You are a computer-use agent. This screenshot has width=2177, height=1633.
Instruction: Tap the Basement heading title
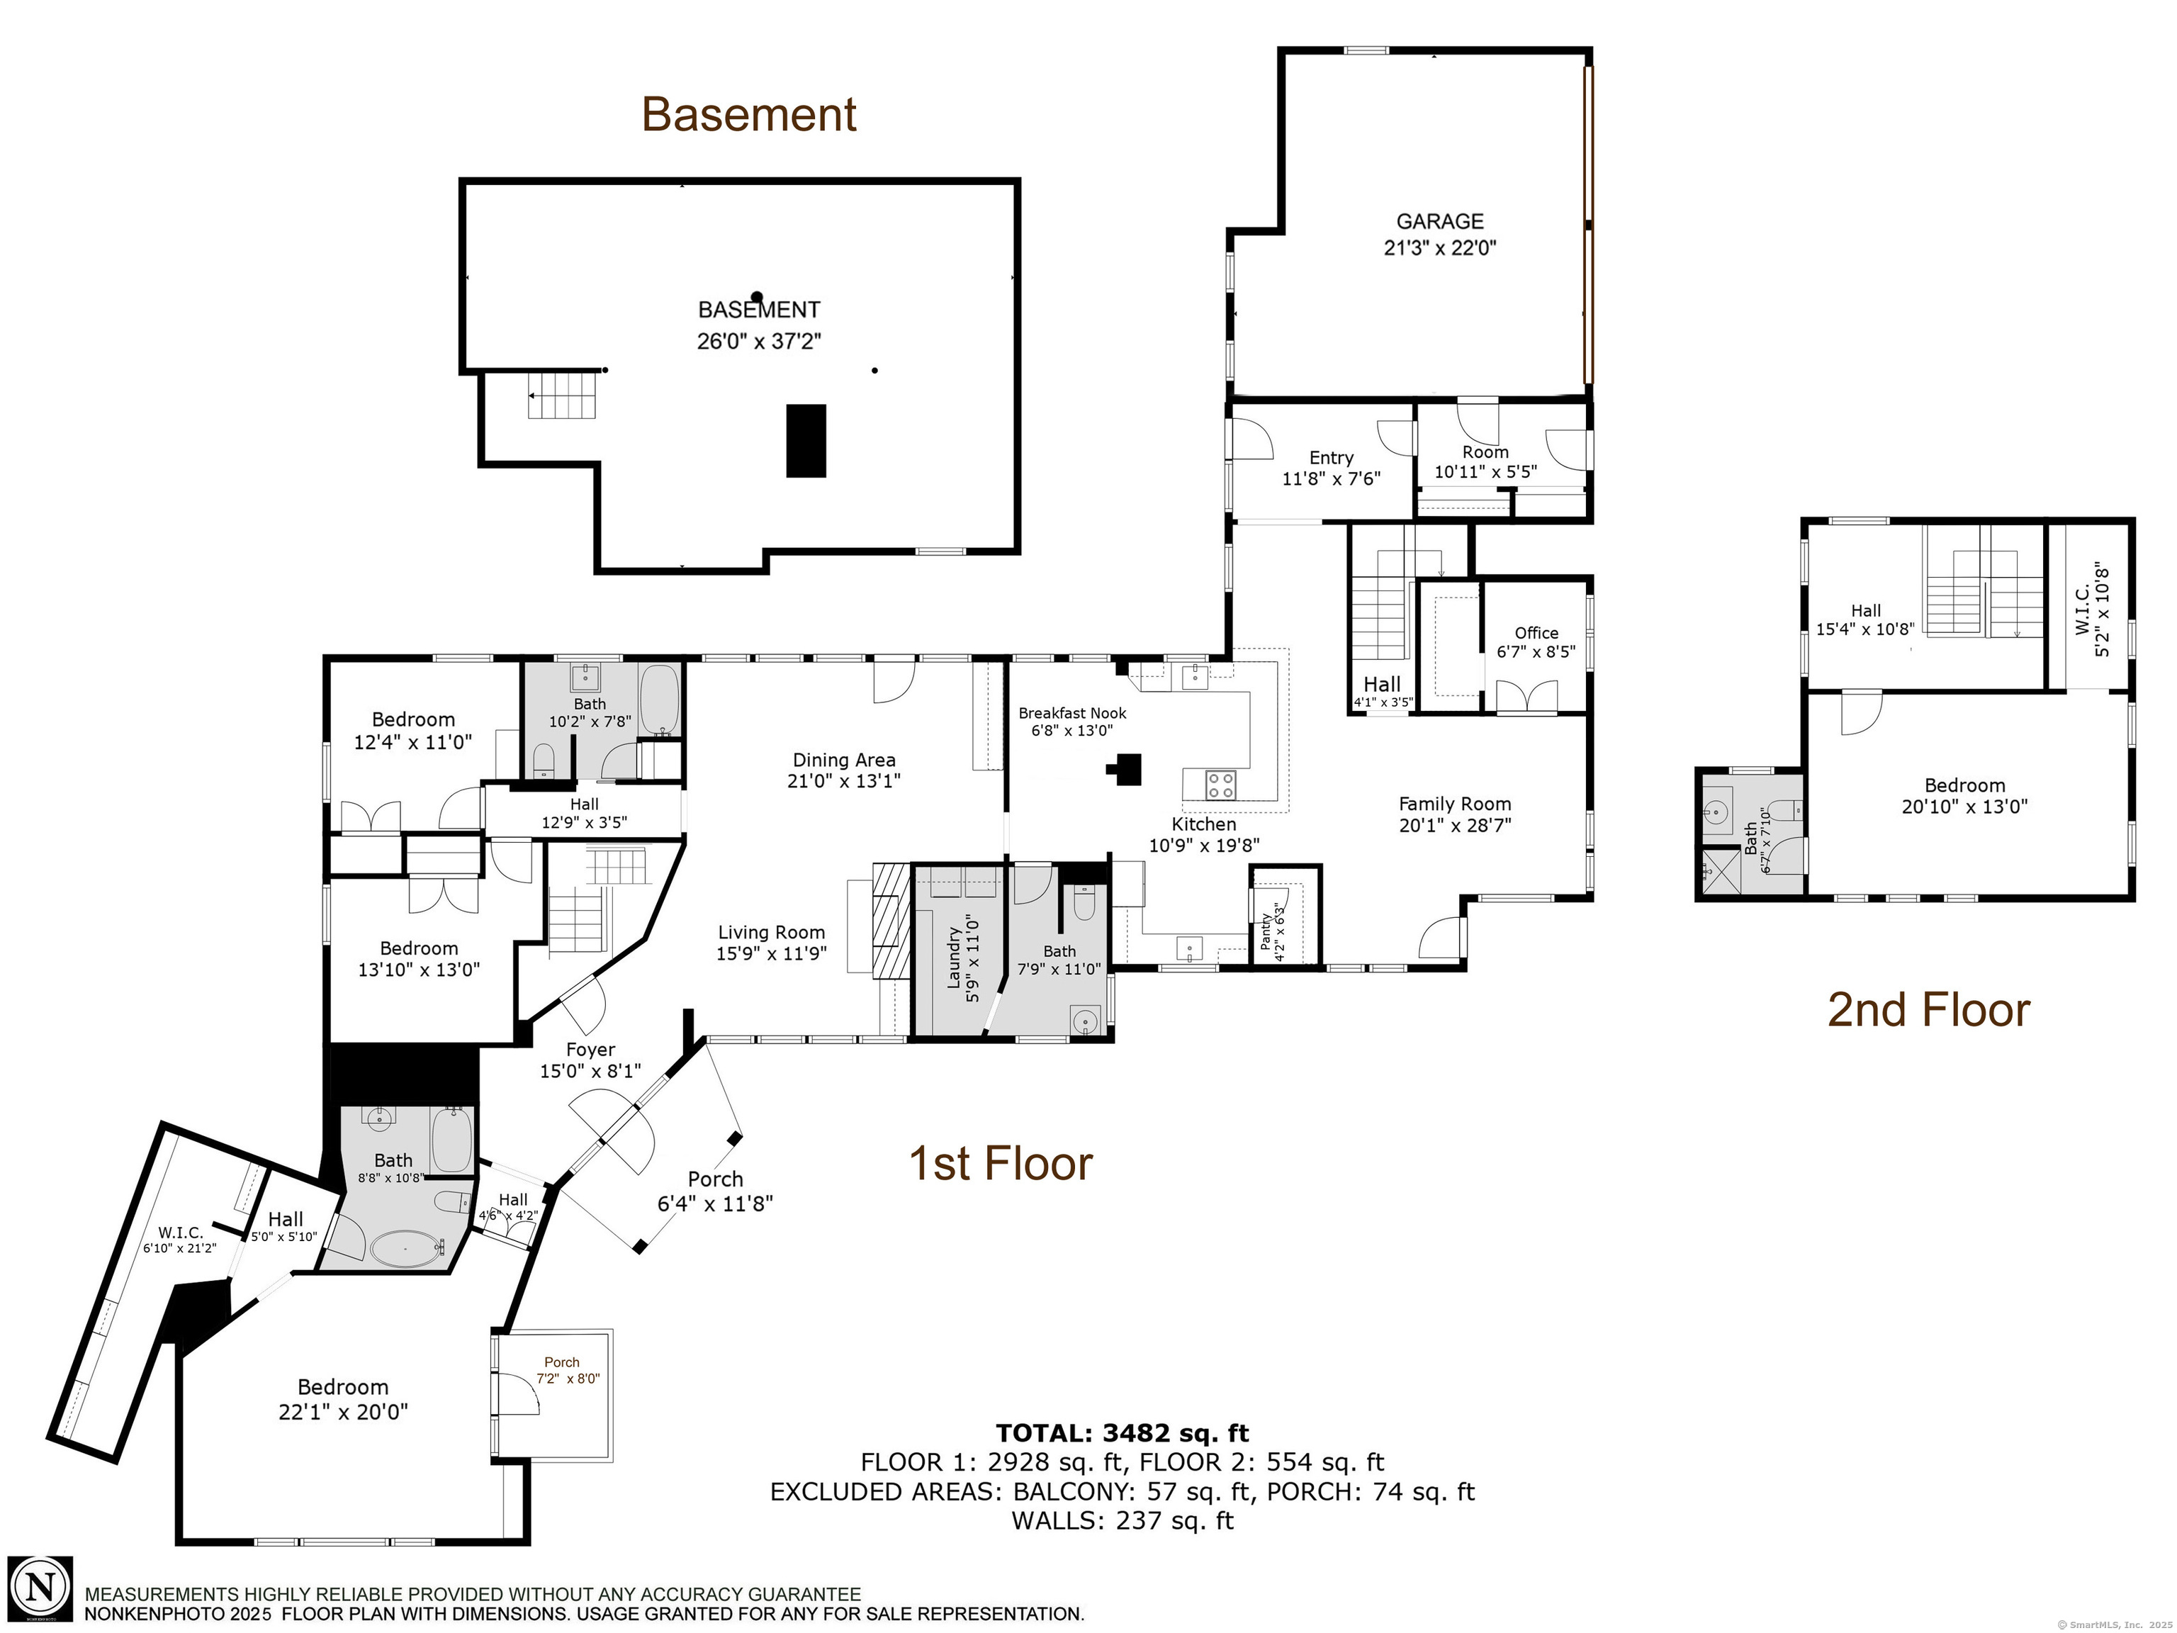tap(749, 114)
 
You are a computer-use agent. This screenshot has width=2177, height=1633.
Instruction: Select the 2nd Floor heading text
tap(1928, 1010)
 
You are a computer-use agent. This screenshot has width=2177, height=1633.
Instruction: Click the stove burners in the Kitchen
tap(1220, 785)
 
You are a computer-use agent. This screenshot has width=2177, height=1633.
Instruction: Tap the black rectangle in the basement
tap(805, 441)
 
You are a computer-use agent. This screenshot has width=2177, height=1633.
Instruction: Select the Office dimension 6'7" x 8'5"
tap(1536, 651)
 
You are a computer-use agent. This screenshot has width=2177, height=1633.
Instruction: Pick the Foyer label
tap(590, 1049)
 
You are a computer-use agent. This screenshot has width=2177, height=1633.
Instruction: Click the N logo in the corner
tap(40, 1588)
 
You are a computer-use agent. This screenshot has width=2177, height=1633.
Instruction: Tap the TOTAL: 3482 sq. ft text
tap(1122, 1433)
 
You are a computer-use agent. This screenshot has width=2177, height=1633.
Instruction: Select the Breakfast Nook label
tap(1071, 712)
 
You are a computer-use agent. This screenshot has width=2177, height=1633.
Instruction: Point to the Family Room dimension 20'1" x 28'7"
tap(1455, 825)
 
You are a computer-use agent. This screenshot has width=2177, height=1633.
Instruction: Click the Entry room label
tap(1331, 458)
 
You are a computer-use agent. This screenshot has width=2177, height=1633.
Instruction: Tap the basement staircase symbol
tap(562, 395)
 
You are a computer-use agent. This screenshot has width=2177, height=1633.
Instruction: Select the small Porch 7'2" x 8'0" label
tap(562, 1362)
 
